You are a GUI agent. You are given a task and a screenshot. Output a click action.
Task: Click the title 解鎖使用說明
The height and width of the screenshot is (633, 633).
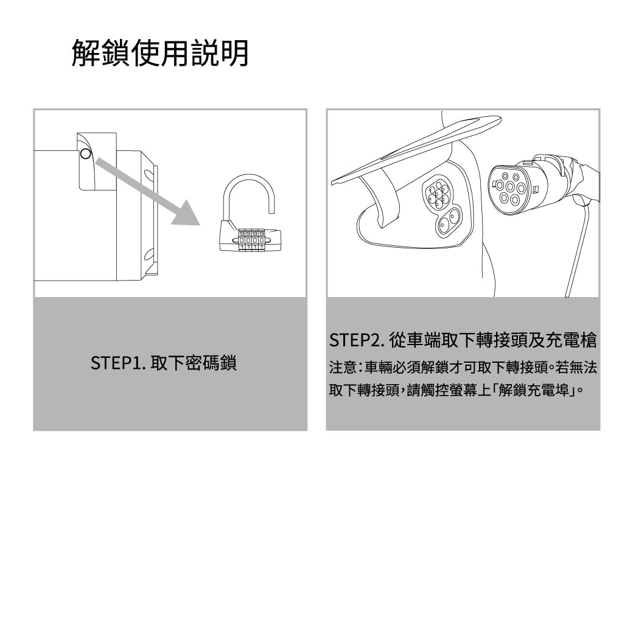pyautogui.click(x=160, y=53)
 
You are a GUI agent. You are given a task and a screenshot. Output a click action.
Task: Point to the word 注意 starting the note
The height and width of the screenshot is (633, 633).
pyautogui.click(x=338, y=368)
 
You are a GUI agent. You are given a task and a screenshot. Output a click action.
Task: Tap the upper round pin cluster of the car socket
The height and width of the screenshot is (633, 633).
pyautogui.click(x=437, y=194)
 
